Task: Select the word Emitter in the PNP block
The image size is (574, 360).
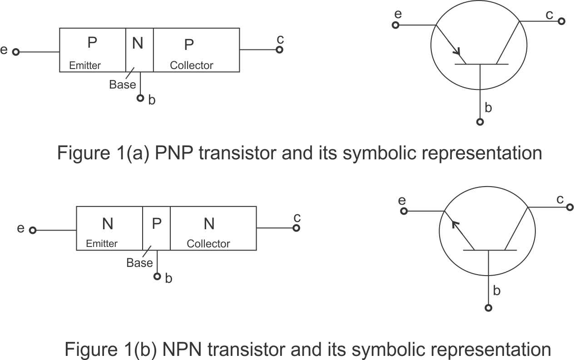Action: pyautogui.click(x=85, y=65)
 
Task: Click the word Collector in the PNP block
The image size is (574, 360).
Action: pyautogui.click(x=192, y=65)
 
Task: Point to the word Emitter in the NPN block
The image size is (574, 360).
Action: pyautogui.click(x=102, y=244)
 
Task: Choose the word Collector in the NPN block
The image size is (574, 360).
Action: pyautogui.click(x=208, y=244)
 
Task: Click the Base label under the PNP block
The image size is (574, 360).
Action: pyautogui.click(x=122, y=84)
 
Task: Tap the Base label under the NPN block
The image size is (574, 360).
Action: pyautogui.click(x=139, y=263)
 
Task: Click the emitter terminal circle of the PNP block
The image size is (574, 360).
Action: pyautogui.click(x=15, y=52)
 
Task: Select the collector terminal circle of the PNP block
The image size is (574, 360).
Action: pyautogui.click(x=280, y=49)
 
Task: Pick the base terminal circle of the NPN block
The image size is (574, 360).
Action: pyautogui.click(x=157, y=276)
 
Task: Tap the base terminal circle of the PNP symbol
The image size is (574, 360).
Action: pyautogui.click(x=480, y=122)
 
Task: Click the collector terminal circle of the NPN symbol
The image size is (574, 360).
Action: pyautogui.click(x=570, y=207)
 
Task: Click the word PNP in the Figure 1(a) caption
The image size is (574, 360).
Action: pyautogui.click(x=174, y=153)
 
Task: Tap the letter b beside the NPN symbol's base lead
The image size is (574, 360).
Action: pyautogui.click(x=497, y=291)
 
